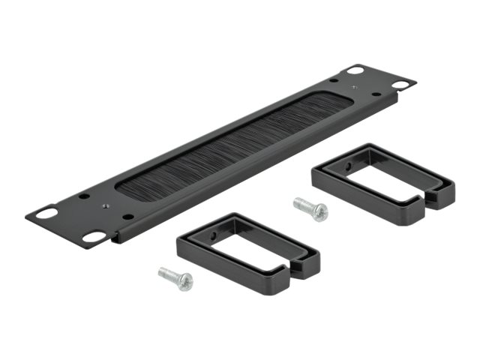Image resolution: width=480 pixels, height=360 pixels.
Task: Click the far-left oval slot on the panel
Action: pyautogui.click(x=46, y=213)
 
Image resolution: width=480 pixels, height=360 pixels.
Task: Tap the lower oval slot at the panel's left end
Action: pyautogui.click(x=94, y=236)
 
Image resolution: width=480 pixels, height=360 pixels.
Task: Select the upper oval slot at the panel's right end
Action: pyautogui.click(x=355, y=70)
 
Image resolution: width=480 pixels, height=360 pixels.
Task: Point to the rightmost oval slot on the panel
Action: pyautogui.click(x=400, y=85)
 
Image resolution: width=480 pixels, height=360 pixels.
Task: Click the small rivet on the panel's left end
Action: pyautogui.click(x=105, y=202)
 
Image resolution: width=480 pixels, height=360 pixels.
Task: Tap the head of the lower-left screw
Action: pyautogui.click(x=184, y=282)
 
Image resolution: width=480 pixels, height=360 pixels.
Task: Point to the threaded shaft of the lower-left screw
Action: pyautogui.click(x=168, y=273)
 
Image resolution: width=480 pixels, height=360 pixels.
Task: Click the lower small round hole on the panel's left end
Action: pyautogui.click(x=128, y=217)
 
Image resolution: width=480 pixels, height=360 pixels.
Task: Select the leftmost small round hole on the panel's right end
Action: pyautogui.click(x=331, y=79)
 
